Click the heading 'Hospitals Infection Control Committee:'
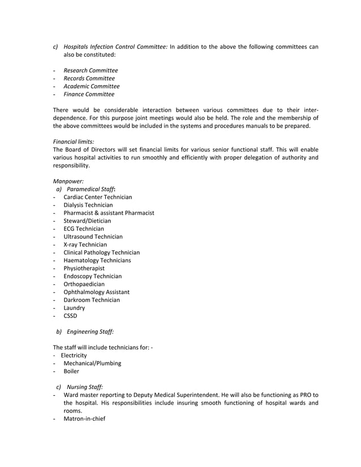coord(115,47)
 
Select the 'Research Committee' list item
coord(91,71)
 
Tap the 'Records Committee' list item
coord(89,79)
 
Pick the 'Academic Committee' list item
coord(91,87)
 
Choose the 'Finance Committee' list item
coord(89,94)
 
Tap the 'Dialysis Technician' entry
coord(88,205)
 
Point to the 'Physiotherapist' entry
coord(84,269)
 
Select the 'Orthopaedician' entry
coord(84,284)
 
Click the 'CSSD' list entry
coord(70,316)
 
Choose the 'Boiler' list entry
coord(71,371)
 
